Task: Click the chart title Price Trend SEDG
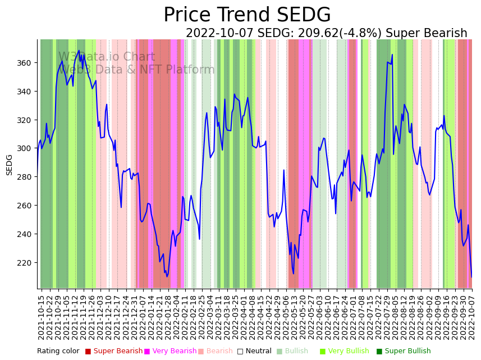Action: [247, 15]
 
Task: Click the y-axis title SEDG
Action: [10, 165]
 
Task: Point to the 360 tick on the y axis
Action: [27, 63]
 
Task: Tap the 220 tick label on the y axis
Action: [27, 263]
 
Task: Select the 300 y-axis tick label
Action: [27, 148]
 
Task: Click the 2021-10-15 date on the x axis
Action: [41, 317]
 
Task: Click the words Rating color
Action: [58, 351]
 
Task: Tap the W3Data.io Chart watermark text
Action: [107, 57]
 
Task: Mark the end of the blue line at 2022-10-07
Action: [471, 276]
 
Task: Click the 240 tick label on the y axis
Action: [27, 234]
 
